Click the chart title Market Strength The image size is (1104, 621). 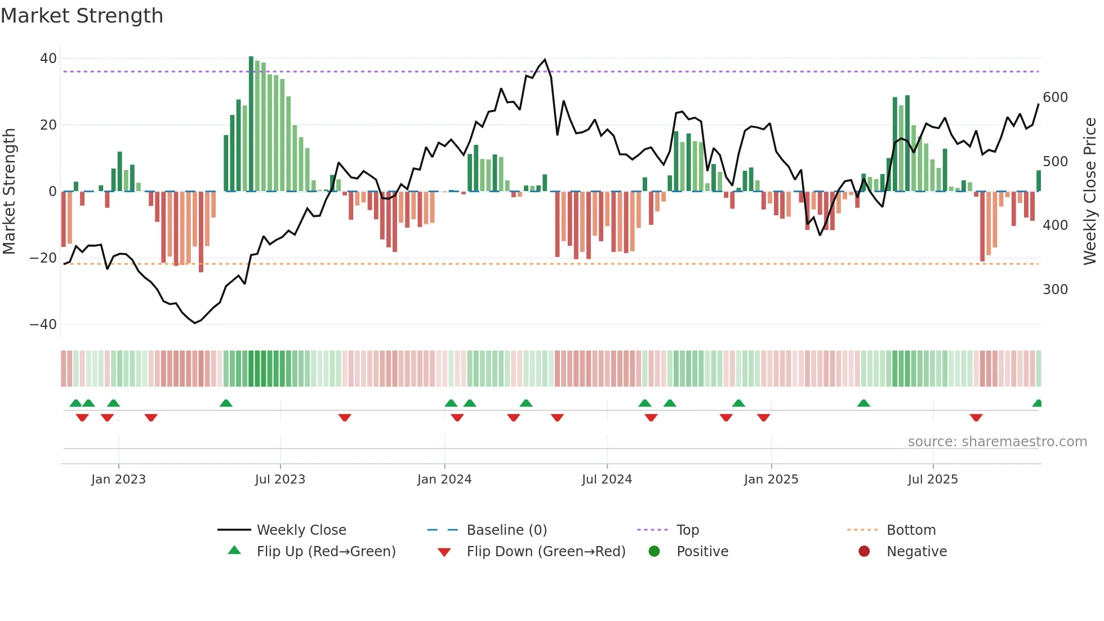coord(82,16)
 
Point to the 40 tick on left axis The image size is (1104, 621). coord(48,59)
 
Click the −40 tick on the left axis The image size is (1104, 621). coord(43,325)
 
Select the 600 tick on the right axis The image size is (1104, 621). coord(1055,97)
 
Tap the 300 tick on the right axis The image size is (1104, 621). coord(1055,290)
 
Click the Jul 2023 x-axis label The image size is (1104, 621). coord(280,480)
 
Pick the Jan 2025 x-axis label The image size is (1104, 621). coord(771,480)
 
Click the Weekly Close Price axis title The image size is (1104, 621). coord(1090,192)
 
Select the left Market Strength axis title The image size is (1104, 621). coord(9,192)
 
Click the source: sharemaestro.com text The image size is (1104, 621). coord(997,442)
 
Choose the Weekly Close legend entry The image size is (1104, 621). coord(301,530)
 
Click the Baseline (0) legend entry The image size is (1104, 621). coord(506,530)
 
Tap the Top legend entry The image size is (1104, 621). coord(687,530)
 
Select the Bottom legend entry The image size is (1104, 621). coord(911,530)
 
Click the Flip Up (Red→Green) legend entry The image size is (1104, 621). coord(326,552)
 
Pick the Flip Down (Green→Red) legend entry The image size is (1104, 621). coord(546,552)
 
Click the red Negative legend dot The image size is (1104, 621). coord(864,552)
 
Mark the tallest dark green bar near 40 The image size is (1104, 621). coord(251,124)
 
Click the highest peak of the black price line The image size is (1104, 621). coord(545,60)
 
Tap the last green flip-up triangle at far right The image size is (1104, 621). coord(1037,403)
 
